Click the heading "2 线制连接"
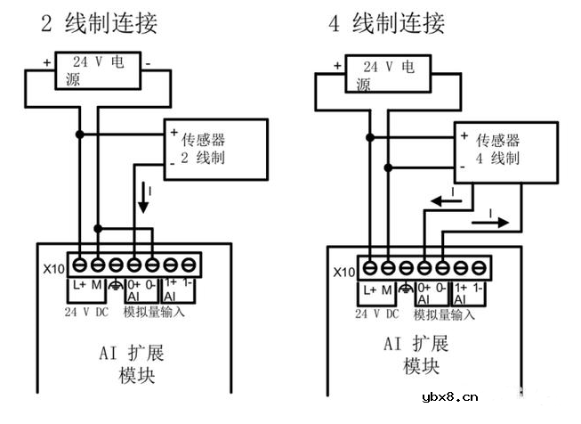click(x=100, y=23)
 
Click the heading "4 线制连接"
click(x=387, y=23)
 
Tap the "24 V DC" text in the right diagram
click(x=378, y=314)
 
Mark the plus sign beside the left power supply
click(x=46, y=63)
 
